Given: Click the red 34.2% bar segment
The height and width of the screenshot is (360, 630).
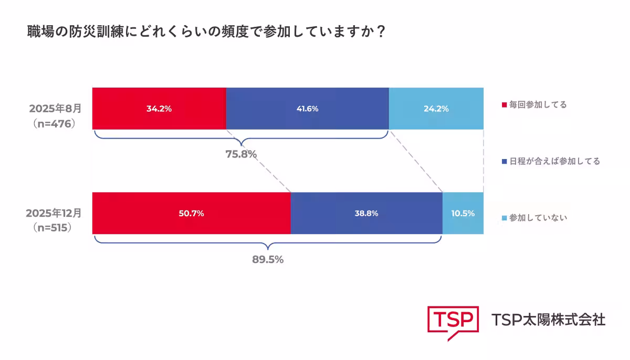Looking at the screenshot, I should tap(159, 109).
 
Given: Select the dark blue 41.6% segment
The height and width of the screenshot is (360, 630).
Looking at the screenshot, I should tap(307, 109).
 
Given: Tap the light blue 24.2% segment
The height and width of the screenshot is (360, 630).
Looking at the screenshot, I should tap(436, 109).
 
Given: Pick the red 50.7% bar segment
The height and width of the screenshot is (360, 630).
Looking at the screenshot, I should tap(191, 213).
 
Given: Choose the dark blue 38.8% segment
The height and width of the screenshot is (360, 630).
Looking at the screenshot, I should tap(366, 213).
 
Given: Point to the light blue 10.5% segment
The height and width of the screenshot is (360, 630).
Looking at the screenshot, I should tap(463, 213).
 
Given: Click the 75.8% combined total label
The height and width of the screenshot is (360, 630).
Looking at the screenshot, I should tap(240, 154).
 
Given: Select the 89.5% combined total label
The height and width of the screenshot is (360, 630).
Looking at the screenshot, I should tap(268, 259).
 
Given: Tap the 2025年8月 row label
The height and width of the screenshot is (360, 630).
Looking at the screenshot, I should tap(56, 109).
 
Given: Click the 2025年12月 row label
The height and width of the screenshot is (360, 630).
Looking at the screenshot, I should tap(54, 214).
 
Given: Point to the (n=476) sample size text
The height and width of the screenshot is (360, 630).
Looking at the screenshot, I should tap(55, 124).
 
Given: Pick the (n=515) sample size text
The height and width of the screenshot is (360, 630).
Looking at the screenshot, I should tap(52, 228).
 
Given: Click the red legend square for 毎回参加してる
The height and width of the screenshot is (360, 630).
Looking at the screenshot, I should tap(505, 105).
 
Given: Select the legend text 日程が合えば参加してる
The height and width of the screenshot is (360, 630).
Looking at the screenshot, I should tap(554, 161).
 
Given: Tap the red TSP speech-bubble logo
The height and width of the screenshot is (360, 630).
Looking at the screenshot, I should tap(453, 321).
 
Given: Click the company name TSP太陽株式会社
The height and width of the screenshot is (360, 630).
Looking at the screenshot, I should tap(548, 319).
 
